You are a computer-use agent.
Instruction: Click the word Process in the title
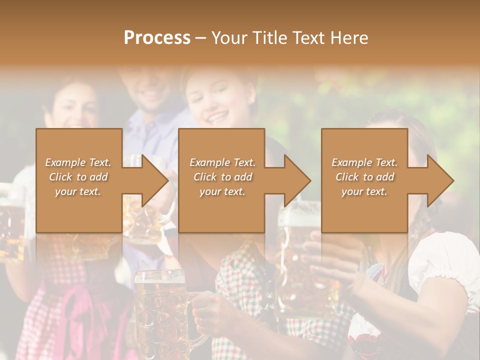pyautogui.click(x=157, y=38)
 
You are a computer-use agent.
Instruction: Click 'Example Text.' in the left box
pyautogui.click(x=78, y=162)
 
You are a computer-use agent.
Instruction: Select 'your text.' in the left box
pyautogui.click(x=78, y=191)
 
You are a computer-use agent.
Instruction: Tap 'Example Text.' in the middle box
pyautogui.click(x=222, y=162)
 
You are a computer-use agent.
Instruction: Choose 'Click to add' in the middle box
pyautogui.click(x=222, y=177)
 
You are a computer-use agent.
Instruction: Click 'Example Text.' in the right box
pyautogui.click(x=365, y=162)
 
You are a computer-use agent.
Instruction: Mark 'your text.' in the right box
pyautogui.click(x=365, y=191)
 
